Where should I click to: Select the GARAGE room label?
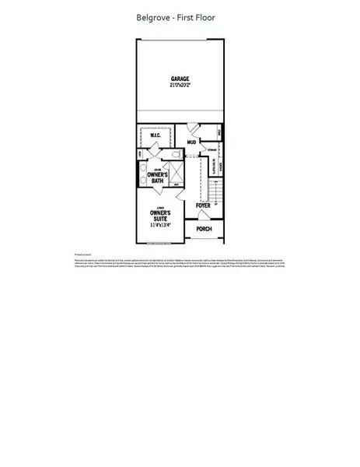click(181, 79)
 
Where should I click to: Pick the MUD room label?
click(191, 142)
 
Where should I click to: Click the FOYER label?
click(204, 206)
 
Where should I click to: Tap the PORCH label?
click(204, 229)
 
